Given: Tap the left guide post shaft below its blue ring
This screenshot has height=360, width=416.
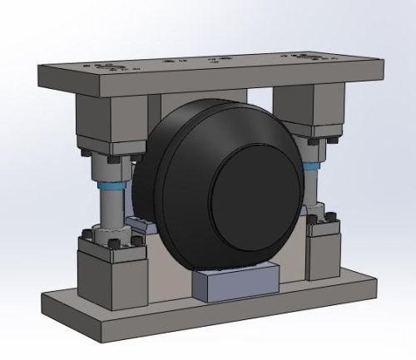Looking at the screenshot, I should (111, 212).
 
